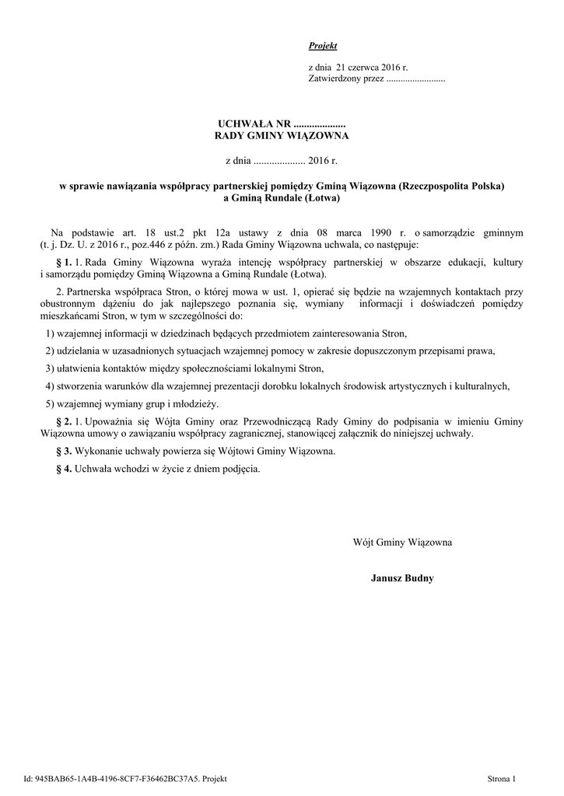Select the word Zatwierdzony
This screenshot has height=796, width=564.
coord(334,79)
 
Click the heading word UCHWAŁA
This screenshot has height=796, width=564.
coord(243,124)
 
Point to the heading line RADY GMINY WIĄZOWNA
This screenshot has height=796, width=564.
coord(282,136)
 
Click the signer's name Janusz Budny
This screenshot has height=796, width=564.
coord(402,578)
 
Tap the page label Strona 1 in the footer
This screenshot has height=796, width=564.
coord(502,778)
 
